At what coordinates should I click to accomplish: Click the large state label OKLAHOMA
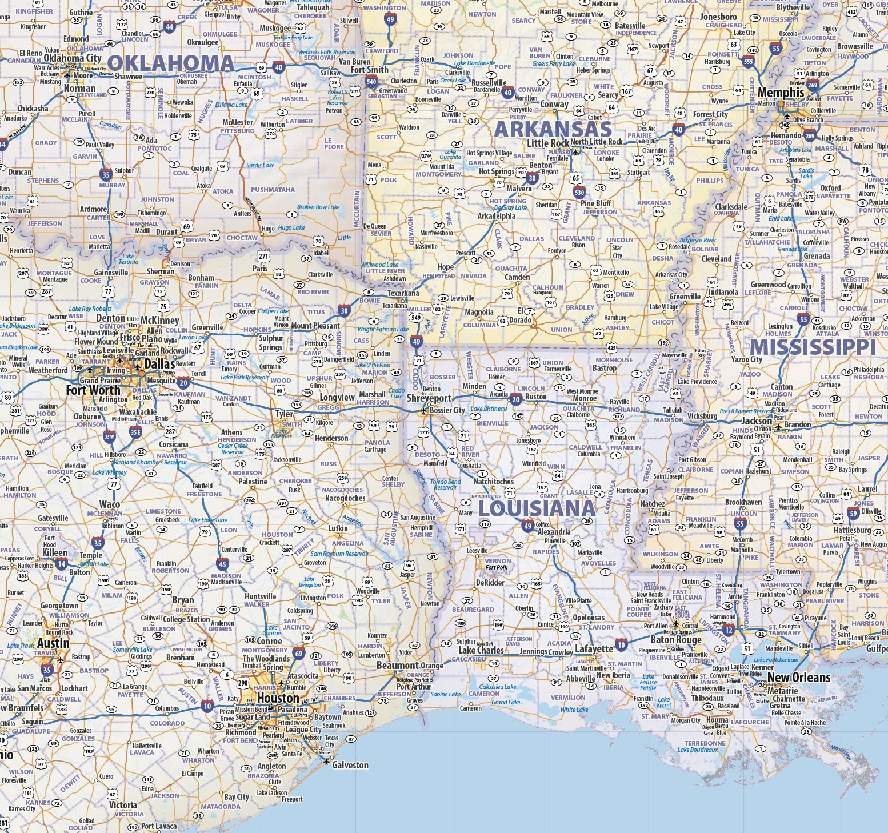coord(171,63)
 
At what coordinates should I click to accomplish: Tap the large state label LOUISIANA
coord(537,508)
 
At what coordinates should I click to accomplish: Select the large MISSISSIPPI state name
coord(813,347)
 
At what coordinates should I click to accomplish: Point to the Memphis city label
coord(781,93)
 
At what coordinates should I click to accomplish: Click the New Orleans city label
coord(798,678)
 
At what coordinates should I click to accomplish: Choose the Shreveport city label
coord(429,398)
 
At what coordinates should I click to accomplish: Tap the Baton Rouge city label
coord(675,639)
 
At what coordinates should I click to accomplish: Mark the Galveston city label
coord(350,765)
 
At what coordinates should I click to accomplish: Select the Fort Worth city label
coord(93,390)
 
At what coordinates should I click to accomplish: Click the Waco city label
coord(110,504)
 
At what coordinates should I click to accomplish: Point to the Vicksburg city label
coord(702,416)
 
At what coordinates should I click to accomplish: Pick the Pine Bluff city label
coord(595,203)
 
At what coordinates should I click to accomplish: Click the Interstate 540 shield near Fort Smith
coord(371,82)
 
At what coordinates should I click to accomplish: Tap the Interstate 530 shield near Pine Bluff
coord(579,192)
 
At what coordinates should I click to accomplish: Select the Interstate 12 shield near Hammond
coord(728,630)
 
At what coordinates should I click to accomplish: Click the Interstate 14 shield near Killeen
coord(61,564)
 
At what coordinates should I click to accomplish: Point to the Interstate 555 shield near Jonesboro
coord(748,62)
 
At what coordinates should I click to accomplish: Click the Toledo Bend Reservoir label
coord(446,484)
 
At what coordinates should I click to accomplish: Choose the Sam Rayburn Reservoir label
coord(339,553)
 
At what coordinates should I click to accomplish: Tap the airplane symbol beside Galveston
coord(326,762)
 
